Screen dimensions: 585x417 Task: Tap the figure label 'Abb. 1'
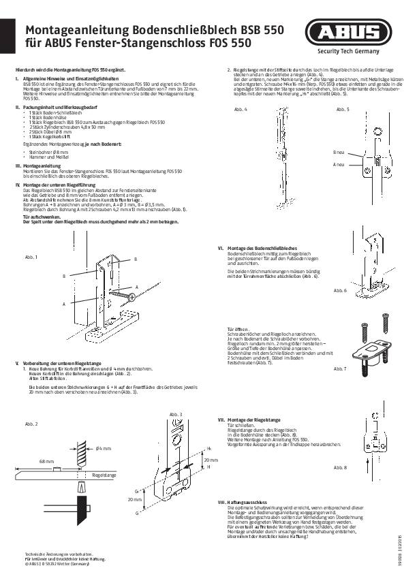point(31,257)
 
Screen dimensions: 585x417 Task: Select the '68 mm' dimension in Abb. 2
point(46,461)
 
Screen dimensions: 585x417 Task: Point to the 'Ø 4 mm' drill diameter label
point(103,447)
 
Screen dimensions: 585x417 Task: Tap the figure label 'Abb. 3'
point(176,414)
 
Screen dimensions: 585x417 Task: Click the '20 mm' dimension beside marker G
point(137,499)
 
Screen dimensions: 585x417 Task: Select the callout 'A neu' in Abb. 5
point(338,164)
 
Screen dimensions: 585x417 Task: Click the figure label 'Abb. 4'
point(241,109)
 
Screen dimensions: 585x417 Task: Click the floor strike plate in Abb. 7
point(366,353)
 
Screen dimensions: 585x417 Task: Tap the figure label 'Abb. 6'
point(340,290)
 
